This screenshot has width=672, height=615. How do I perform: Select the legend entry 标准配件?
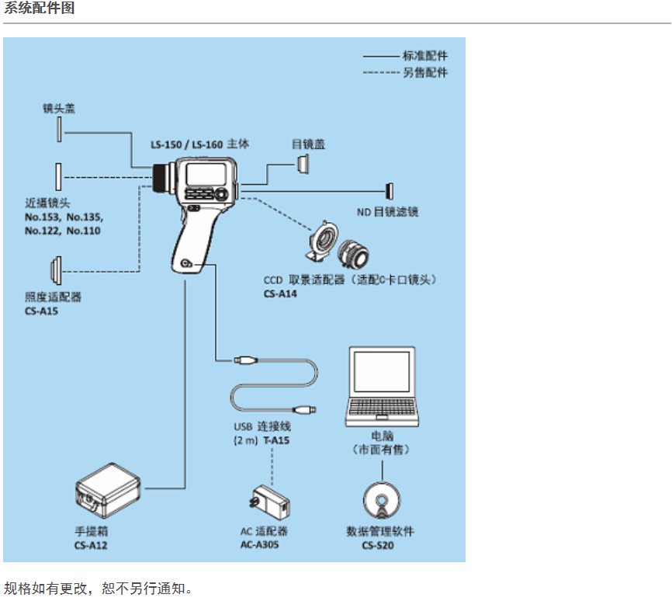424,56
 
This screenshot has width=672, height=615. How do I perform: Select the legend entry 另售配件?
424,72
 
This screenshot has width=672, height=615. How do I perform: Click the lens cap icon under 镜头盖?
58,131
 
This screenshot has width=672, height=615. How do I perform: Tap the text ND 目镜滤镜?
387,211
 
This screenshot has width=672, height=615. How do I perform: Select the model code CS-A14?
280,294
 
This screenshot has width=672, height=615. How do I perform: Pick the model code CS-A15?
41,311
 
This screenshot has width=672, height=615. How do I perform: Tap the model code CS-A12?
91,545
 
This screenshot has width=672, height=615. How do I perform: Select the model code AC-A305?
260,545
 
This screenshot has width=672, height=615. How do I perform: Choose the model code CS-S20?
380,545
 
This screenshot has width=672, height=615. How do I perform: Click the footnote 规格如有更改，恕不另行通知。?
97,588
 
